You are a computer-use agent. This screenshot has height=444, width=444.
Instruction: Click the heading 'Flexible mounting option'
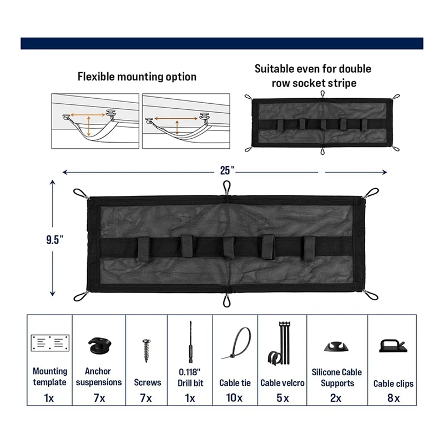(x=137, y=77)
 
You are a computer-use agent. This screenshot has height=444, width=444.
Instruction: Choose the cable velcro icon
(x=280, y=345)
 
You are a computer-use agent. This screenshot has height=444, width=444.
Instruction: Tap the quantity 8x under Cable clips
(x=393, y=398)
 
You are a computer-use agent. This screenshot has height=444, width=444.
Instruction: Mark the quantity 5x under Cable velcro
(x=282, y=398)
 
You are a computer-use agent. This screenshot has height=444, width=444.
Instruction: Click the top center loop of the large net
(x=226, y=186)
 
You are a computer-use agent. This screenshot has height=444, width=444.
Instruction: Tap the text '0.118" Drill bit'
(x=190, y=377)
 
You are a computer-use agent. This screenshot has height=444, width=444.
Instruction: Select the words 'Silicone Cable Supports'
(x=333, y=377)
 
